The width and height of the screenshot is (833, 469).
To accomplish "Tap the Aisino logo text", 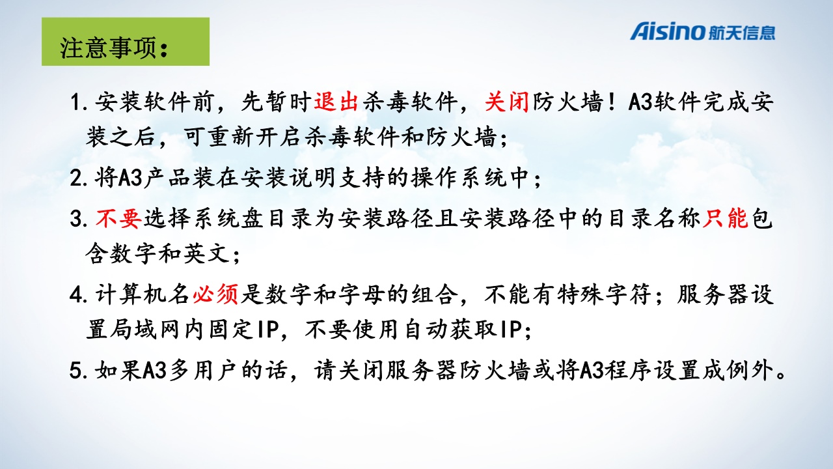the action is [668, 31].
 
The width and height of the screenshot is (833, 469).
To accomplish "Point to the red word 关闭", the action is [507, 101].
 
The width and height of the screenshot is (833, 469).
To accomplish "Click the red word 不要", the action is [118, 218].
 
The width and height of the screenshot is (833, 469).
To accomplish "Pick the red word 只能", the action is [725, 218].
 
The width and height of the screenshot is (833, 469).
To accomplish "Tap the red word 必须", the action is [215, 294].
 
